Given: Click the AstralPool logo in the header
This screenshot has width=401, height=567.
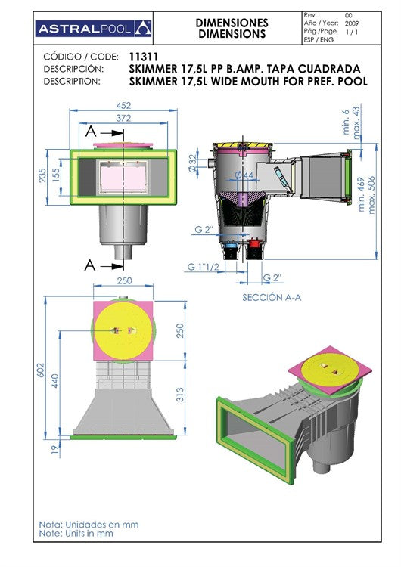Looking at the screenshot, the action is pos(93,29).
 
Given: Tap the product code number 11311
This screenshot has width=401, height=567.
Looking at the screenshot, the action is pos(144,57).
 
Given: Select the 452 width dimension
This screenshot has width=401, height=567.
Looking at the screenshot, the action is pos(123,106).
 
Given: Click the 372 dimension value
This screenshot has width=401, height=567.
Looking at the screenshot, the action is pos(123,118).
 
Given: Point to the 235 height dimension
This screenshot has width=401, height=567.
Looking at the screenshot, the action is pos(42,175).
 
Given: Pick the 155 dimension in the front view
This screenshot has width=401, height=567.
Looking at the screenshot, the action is pos(56,175).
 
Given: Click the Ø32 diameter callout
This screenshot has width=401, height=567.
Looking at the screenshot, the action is pos(193,163).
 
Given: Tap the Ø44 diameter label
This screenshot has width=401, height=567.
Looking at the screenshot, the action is pos(244,175).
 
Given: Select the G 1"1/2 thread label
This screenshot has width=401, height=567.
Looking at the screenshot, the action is pos(203,267).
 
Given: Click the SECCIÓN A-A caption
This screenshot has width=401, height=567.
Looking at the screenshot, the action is pos(272,297).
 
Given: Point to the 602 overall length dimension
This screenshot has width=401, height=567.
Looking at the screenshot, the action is pos(41,370).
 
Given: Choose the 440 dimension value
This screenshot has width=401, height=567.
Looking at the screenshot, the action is pos(54,381).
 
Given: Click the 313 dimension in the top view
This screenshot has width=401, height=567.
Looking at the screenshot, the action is pos(180,395).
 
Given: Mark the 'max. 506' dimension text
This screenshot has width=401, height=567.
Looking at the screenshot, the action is pos(371,195).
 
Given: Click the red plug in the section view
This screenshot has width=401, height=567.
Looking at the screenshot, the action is pos(255,243).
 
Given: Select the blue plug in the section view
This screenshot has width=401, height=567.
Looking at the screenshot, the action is pos(230,245).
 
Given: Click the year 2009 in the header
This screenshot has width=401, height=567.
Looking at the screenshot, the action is pos(352,23).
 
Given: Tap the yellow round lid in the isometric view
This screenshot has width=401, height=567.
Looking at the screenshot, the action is pos(328,369).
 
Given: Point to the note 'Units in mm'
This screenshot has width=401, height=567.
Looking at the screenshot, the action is pos(76,534).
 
